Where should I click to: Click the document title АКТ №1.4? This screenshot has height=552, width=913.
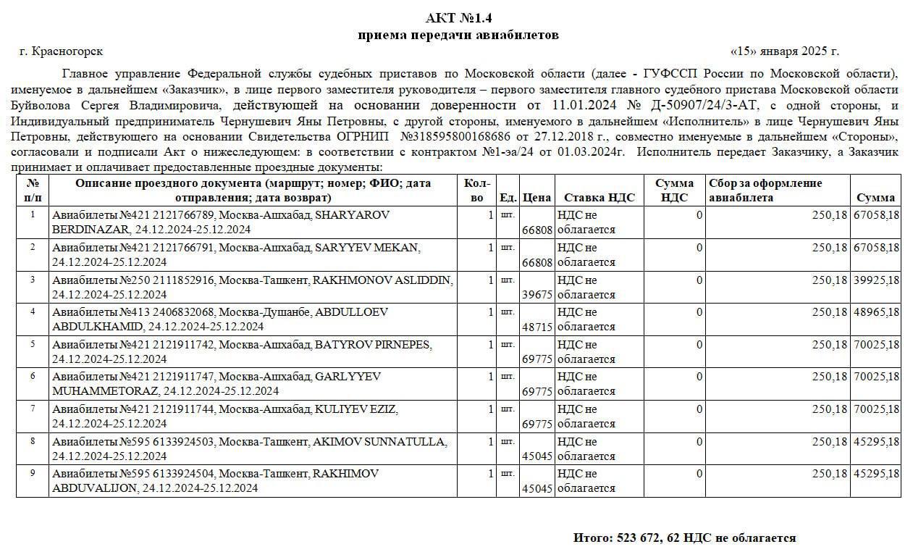458,18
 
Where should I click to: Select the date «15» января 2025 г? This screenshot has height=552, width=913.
785,51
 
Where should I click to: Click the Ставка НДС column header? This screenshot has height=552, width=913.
599,197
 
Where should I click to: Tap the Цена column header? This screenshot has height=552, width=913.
537,197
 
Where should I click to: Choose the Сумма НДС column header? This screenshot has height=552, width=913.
674,190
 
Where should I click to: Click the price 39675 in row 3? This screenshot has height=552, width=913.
537,295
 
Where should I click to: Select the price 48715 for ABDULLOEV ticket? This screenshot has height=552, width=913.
537,327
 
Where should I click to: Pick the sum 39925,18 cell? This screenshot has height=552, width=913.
875,280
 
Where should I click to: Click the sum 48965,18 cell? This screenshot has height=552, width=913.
875,312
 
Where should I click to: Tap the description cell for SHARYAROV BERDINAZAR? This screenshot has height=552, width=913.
253,222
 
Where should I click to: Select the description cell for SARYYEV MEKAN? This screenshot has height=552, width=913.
253,254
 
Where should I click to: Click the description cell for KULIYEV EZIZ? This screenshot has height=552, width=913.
253,416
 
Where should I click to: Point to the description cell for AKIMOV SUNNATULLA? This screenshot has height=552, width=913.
253,448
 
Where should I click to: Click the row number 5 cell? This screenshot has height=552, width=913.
32,344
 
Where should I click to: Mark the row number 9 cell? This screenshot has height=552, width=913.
32,473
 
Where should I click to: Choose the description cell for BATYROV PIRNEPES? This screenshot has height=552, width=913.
253,351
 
